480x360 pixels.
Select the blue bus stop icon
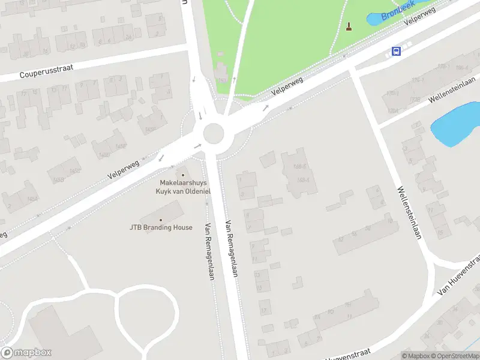[x=396, y=52]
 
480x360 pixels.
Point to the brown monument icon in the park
[x=349, y=26]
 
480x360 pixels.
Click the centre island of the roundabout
[x=214, y=134]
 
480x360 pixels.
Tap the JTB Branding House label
[x=161, y=227]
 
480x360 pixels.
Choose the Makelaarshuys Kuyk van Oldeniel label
[x=183, y=187]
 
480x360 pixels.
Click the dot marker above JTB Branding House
[x=160, y=220]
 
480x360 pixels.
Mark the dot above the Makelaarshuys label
[x=183, y=175]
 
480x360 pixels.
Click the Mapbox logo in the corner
[x=26, y=353]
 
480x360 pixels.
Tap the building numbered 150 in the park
[x=221, y=74]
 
